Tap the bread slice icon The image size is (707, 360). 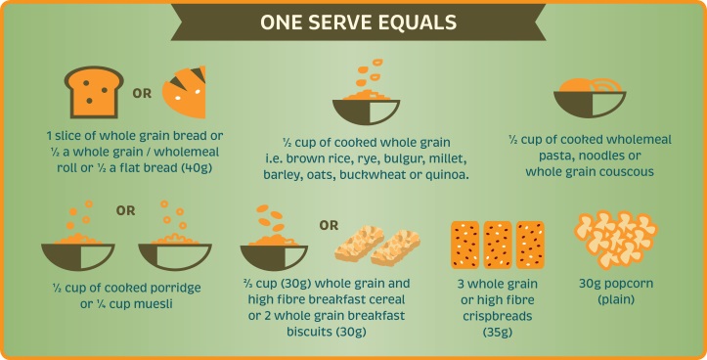[91, 93]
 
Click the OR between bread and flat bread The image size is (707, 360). [141, 95]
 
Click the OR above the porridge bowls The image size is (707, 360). [125, 209]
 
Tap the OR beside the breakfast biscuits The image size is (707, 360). [328, 226]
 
